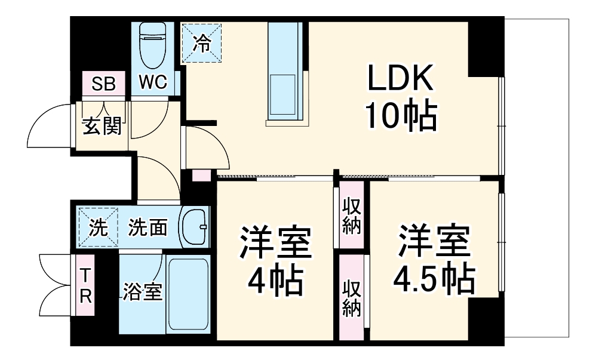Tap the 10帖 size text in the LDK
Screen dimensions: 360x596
(x=401, y=117)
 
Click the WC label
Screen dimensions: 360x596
(x=153, y=82)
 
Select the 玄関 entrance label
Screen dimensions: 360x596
(x=102, y=126)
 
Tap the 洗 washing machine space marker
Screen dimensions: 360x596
(x=98, y=227)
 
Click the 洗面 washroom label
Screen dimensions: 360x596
(x=148, y=227)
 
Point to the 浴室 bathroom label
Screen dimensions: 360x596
(x=143, y=293)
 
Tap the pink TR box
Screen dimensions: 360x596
(x=86, y=285)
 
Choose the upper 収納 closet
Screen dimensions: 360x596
(x=351, y=215)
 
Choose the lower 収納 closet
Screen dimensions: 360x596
(x=351, y=297)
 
